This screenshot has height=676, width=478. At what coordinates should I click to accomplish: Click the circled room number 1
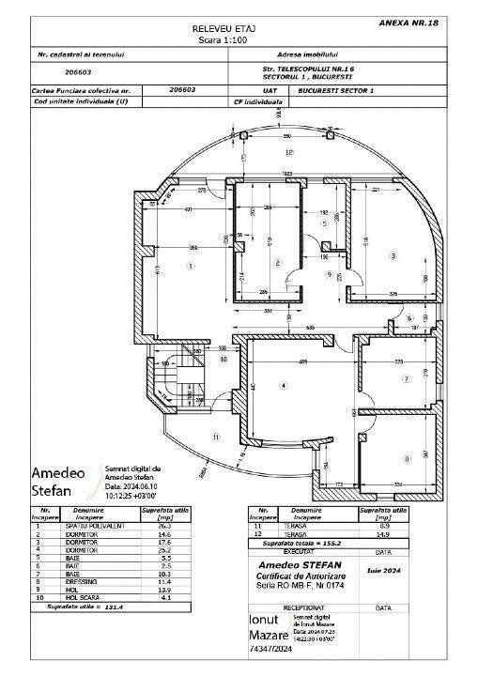click(x=191, y=266)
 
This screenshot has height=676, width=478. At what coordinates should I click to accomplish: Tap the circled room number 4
click(x=282, y=385)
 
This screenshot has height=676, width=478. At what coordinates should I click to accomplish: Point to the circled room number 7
click(x=405, y=379)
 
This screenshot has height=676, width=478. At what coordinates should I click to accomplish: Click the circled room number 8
click(x=406, y=458)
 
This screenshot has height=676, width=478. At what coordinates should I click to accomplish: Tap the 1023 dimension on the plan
click(x=288, y=174)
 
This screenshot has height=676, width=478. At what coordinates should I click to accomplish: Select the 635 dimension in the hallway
click(x=309, y=328)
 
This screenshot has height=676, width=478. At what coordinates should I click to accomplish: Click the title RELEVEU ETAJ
click(x=219, y=30)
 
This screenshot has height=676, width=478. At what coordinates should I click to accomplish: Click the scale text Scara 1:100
click(x=219, y=41)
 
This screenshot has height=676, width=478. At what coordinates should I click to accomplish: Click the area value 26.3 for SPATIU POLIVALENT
click(x=151, y=528)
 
